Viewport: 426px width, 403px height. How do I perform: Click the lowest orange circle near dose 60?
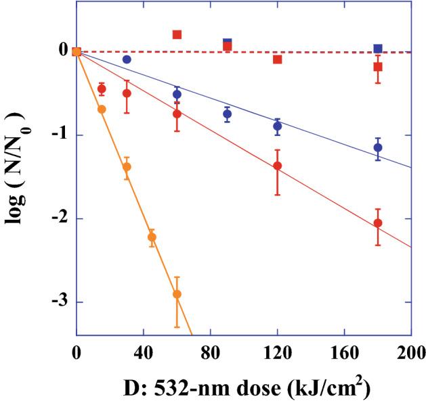[x=177, y=294]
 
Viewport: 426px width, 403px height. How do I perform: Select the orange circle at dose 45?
[x=152, y=237]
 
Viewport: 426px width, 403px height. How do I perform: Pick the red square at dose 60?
[x=177, y=34]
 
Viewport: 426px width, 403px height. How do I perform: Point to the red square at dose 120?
[x=277, y=60]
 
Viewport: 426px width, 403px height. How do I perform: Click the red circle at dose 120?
[x=277, y=166]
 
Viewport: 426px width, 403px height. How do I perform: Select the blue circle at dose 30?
[x=127, y=60]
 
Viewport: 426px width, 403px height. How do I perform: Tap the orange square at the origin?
[x=77, y=52]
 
